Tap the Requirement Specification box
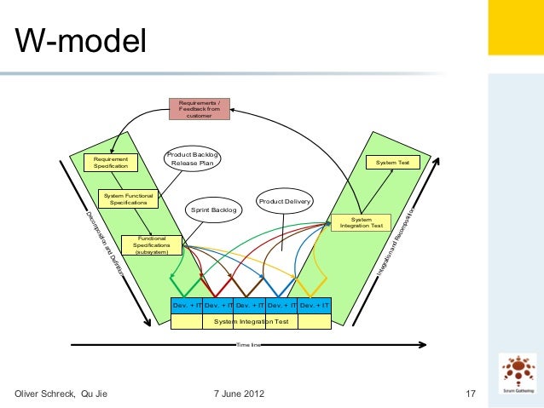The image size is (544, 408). click(x=111, y=162)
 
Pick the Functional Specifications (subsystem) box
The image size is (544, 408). click(x=152, y=244)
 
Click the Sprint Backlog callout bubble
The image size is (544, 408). click(x=213, y=210)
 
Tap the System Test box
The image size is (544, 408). click(x=392, y=162)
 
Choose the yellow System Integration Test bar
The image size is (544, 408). click(x=252, y=321)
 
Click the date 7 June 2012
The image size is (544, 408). click(x=238, y=394)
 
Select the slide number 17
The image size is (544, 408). click(x=469, y=394)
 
